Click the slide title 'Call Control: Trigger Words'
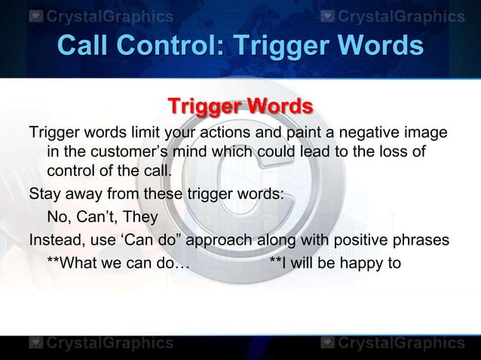pyautogui.click(x=240, y=46)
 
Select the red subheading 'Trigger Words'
pyautogui.click(x=240, y=105)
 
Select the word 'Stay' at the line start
pyautogui.click(x=44, y=193)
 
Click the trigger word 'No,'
pyautogui.click(x=59, y=218)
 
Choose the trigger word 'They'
pyautogui.click(x=141, y=218)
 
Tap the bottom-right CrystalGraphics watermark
pyautogui.click(x=392, y=343)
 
